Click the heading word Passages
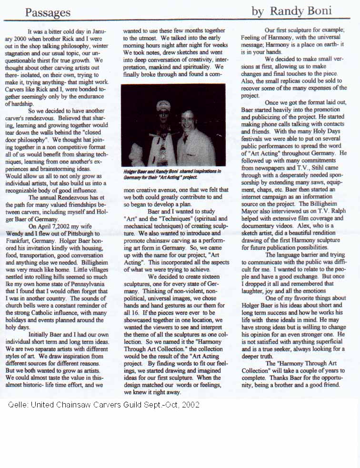[x=48, y=12]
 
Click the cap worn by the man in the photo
[x=163, y=105]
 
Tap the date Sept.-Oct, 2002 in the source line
[x=170, y=405]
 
